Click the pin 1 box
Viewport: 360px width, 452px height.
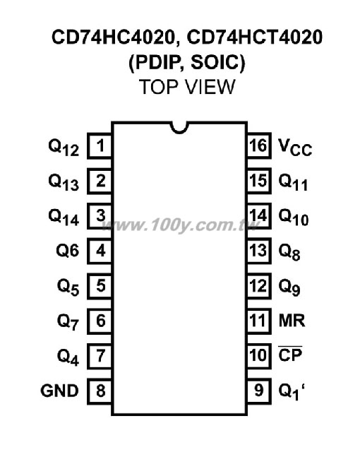coord(100,145)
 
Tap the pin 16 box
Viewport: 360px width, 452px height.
coord(259,145)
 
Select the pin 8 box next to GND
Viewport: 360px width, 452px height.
coord(100,391)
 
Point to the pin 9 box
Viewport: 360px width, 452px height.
coord(259,391)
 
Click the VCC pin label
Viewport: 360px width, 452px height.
coord(295,148)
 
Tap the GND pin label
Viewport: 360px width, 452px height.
coord(59,391)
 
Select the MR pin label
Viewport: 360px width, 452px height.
coord(292,321)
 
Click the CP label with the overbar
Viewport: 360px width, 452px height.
coord(290,355)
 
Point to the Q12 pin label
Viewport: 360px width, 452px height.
coord(64,148)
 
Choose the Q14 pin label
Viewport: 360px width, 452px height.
coord(64,218)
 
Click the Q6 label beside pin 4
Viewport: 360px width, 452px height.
coord(67,250)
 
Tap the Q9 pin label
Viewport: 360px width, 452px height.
coord(289,287)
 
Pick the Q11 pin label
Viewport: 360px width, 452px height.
coord(293,182)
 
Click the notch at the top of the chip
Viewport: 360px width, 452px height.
coord(179,128)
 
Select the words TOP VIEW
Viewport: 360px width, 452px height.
coord(187,87)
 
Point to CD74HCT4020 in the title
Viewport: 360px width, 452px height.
coord(255,37)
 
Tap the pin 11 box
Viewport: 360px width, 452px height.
coord(259,321)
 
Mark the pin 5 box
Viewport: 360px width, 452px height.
coord(100,285)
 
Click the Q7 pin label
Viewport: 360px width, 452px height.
coord(68,322)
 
